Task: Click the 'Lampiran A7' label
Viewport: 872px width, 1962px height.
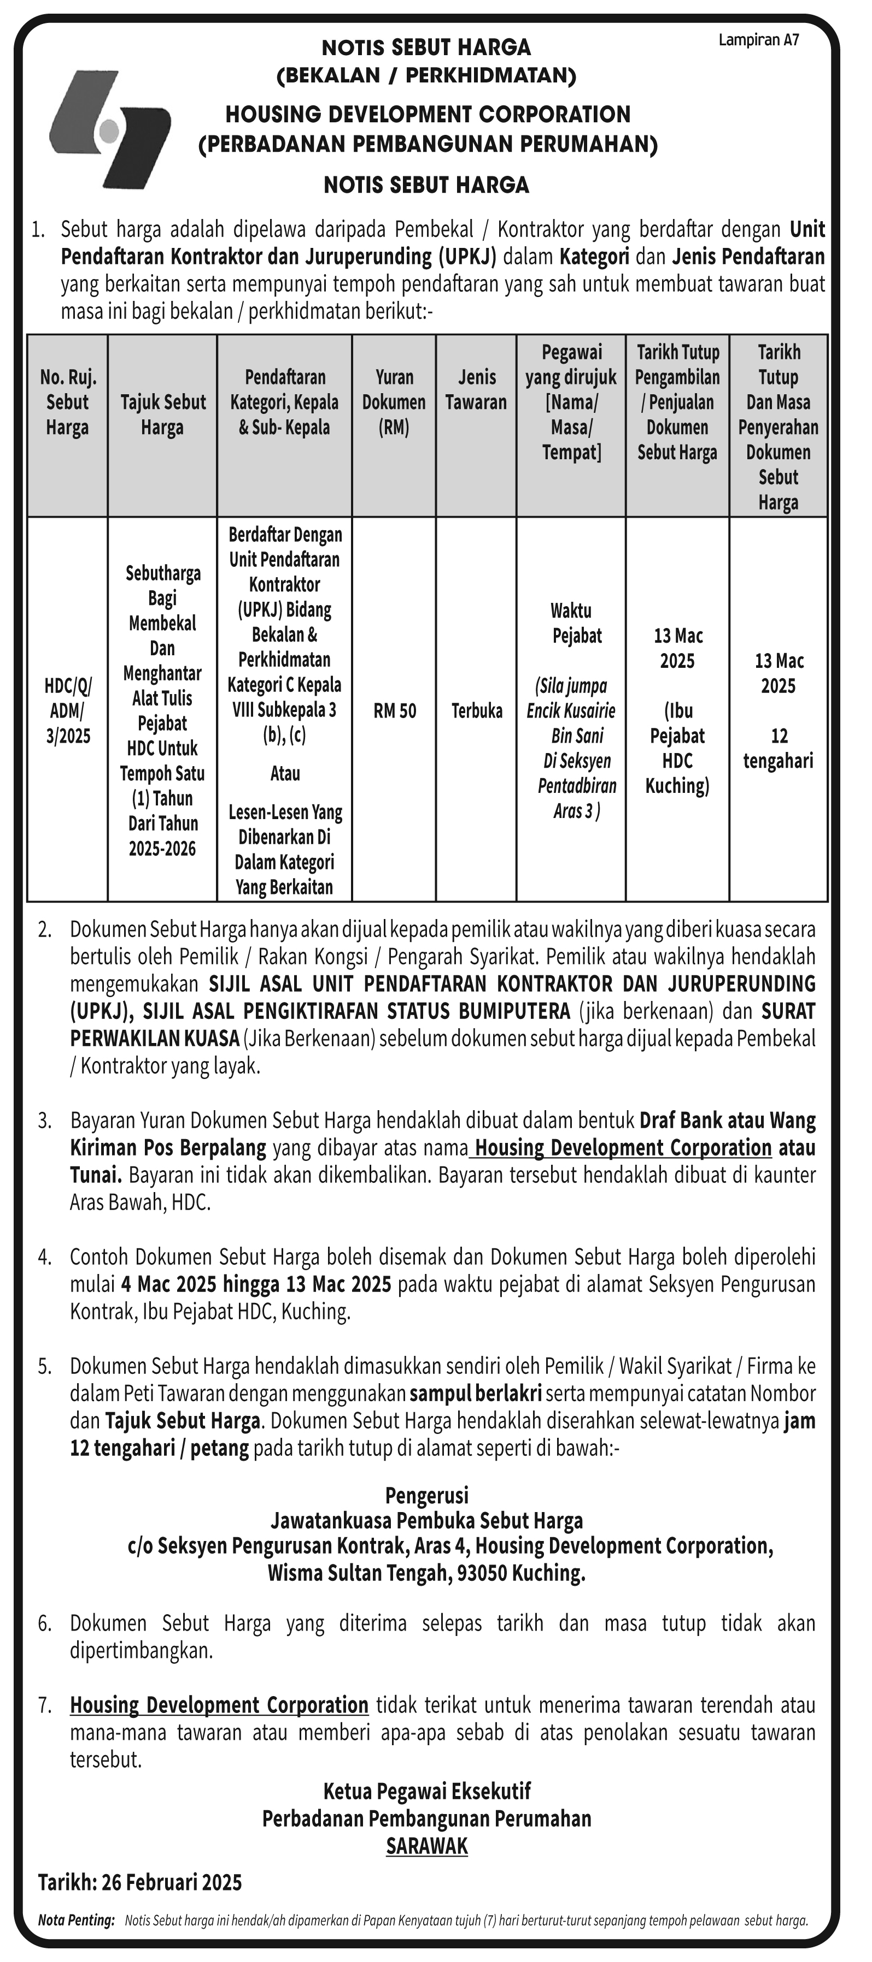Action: pos(758,40)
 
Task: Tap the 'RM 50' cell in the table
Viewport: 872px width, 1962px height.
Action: pos(394,710)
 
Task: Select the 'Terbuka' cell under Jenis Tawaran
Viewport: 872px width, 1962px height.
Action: pos(476,710)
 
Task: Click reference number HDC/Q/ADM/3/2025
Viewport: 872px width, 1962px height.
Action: pos(68,710)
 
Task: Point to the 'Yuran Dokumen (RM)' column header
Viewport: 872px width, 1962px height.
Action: pos(394,402)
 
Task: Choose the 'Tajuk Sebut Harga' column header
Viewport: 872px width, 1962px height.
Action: pos(162,414)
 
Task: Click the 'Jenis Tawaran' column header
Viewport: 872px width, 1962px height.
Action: pos(476,390)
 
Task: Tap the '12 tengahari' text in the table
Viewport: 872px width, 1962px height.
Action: pos(779,748)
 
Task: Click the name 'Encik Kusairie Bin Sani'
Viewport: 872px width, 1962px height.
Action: pos(571,723)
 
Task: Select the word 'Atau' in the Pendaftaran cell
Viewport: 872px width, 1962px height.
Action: pos(285,773)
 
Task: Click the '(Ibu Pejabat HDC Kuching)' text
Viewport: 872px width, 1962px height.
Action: pos(677,748)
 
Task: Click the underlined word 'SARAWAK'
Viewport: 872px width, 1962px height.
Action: pos(427,1846)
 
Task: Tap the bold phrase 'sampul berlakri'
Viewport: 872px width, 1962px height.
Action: pos(476,1393)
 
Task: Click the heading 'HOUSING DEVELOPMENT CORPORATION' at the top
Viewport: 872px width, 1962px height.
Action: pos(428,114)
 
